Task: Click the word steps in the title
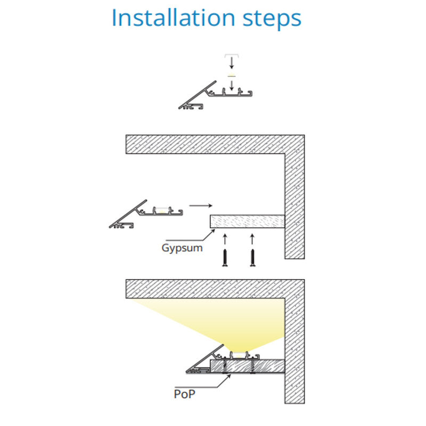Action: (272, 20)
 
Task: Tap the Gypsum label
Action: (182, 248)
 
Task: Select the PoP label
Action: (184, 394)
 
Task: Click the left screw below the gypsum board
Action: (225, 258)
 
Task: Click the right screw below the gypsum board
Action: (252, 258)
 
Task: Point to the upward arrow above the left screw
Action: (225, 239)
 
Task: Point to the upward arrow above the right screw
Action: (252, 239)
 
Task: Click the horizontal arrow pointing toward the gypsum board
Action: (201, 206)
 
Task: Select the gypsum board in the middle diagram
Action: (247, 222)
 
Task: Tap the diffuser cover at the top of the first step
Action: (232, 56)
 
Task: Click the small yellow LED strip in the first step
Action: (232, 76)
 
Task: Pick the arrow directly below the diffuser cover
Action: (232, 63)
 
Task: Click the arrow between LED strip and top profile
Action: (232, 85)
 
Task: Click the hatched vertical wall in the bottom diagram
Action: (295, 350)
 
